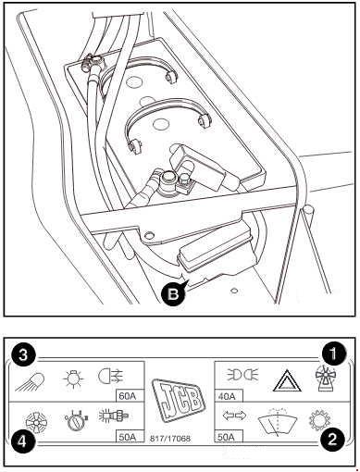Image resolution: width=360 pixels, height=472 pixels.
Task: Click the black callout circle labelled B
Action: click(173, 294)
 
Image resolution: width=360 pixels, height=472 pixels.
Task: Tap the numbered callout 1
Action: click(333, 354)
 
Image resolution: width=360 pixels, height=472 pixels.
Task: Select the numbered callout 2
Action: click(332, 440)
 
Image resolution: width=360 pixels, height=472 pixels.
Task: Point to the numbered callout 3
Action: click(23, 355)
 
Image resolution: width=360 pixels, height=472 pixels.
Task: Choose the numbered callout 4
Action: click(23, 442)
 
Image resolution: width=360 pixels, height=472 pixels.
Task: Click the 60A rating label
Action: click(128, 396)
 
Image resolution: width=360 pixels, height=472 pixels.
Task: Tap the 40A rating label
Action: click(227, 395)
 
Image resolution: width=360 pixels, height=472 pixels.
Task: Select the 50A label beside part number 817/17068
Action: click(128, 437)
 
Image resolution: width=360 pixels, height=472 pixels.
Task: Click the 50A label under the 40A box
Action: click(227, 437)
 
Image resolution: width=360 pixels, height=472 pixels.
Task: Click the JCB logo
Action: click(177, 399)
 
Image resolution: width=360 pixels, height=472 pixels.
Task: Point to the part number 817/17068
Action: click(170, 438)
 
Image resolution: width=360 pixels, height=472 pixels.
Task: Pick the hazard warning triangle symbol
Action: click(285, 380)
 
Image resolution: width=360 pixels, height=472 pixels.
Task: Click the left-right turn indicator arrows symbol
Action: click(234, 416)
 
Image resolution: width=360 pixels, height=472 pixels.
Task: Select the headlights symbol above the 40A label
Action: click(243, 375)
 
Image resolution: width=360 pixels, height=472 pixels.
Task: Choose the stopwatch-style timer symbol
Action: click(76, 420)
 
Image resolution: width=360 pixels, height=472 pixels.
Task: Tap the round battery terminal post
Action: click(168, 180)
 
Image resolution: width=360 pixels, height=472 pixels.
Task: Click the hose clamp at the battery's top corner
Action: click(92, 61)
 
